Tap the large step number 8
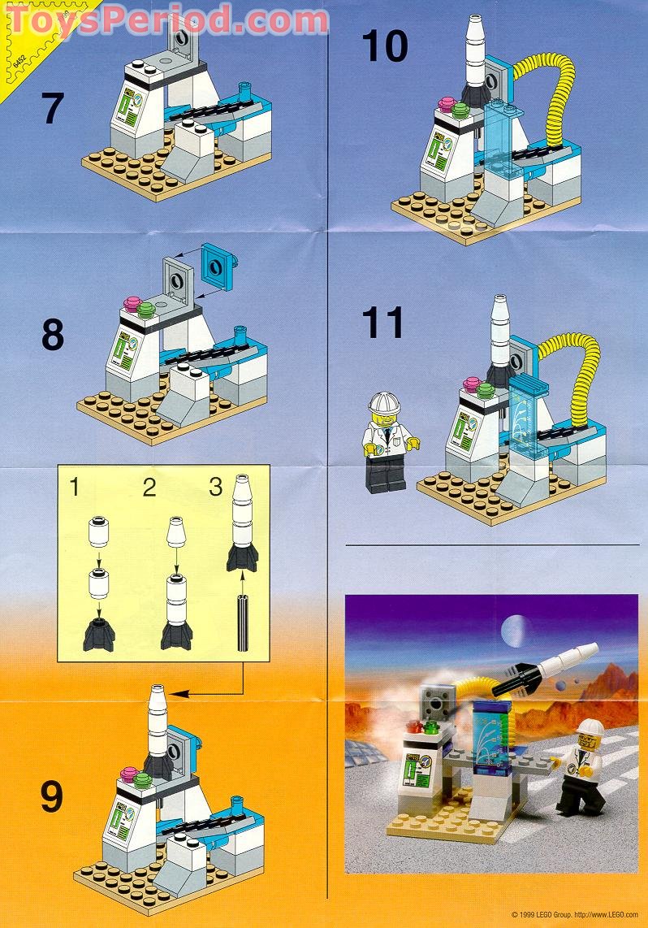pyautogui.click(x=52, y=334)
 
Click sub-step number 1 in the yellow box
pyautogui.click(x=74, y=487)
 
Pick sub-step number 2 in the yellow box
pyautogui.click(x=149, y=487)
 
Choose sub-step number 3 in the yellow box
pyautogui.click(x=215, y=487)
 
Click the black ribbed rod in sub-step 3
pyautogui.click(x=242, y=622)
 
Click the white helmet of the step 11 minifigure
pyautogui.click(x=382, y=403)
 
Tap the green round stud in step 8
pyautogui.click(x=146, y=309)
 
